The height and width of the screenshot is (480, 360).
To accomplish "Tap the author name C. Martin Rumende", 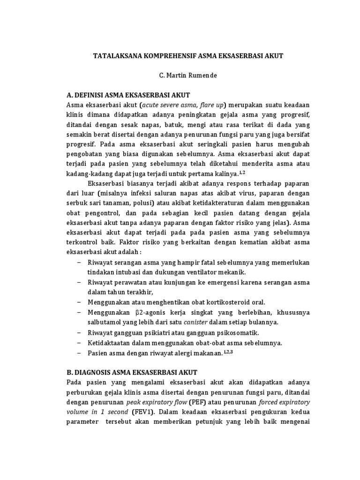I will tap(180, 75).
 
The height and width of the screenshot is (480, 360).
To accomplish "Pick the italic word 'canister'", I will tap(195, 322).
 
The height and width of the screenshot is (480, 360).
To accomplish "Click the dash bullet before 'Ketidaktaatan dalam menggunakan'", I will tap(78, 343).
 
